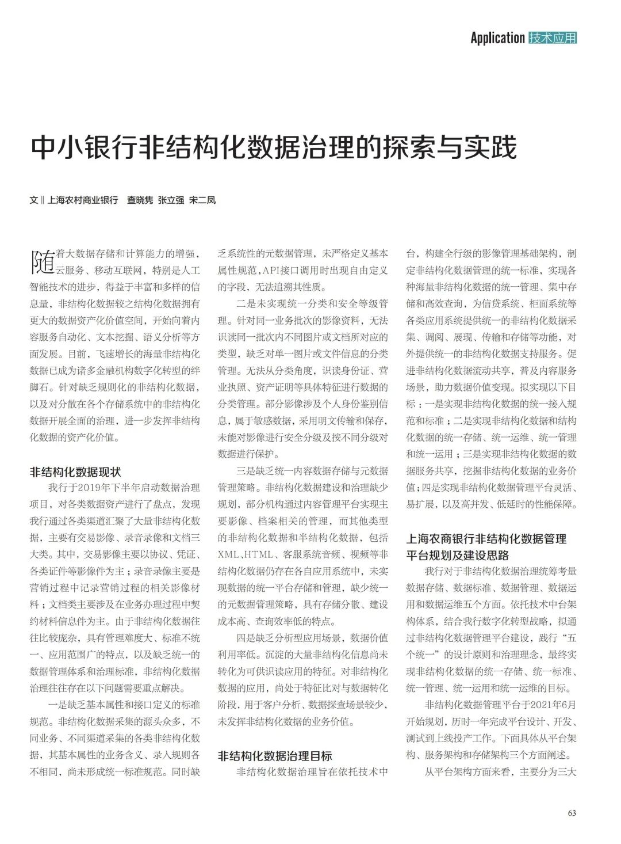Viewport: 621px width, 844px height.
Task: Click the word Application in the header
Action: point(497,38)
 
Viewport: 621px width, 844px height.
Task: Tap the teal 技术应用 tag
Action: point(553,38)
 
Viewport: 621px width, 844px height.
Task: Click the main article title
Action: point(274,147)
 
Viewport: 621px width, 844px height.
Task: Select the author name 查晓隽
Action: point(140,200)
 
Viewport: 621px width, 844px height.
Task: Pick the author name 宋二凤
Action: point(202,200)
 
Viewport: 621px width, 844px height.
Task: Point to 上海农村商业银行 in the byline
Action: point(82,200)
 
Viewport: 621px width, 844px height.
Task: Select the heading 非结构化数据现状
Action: point(75,472)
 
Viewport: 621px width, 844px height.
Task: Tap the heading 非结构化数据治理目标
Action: point(275,756)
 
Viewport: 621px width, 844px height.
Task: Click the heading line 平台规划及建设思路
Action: point(458,556)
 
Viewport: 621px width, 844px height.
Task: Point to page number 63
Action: point(572,813)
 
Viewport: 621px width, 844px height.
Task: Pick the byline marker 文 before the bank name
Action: point(33,200)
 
